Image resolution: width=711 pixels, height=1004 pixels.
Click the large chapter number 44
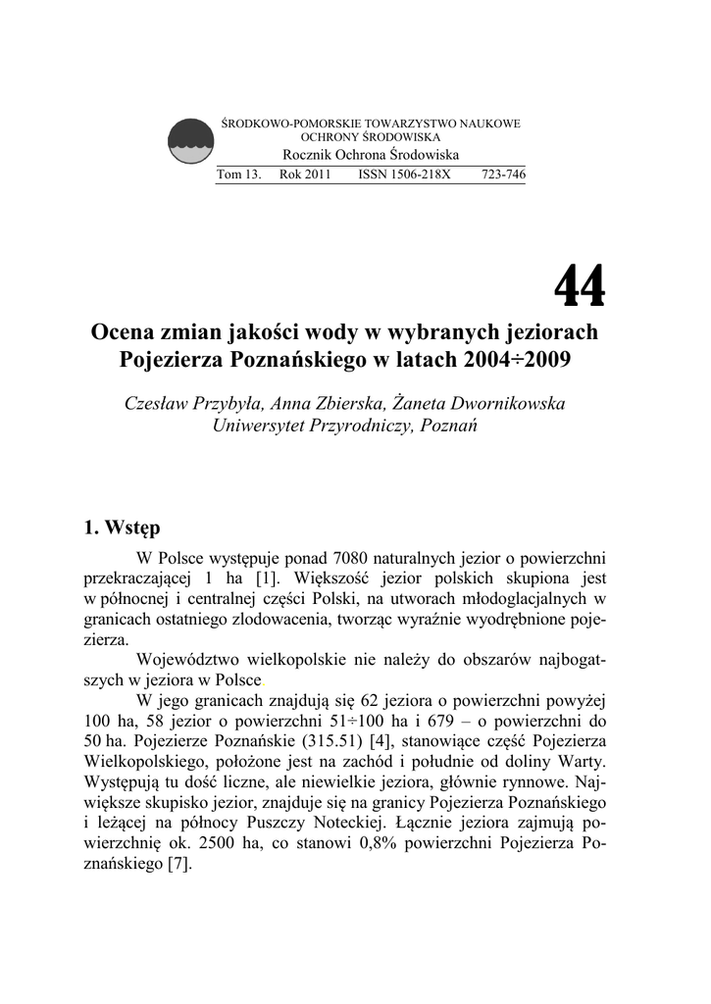point(580,287)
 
